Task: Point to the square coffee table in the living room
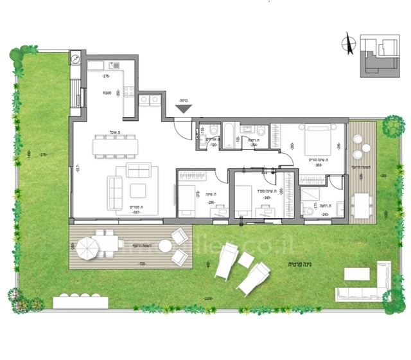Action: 138,190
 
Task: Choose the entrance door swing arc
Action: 184,134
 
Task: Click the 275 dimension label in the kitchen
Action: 105,76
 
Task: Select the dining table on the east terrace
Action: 365,205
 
